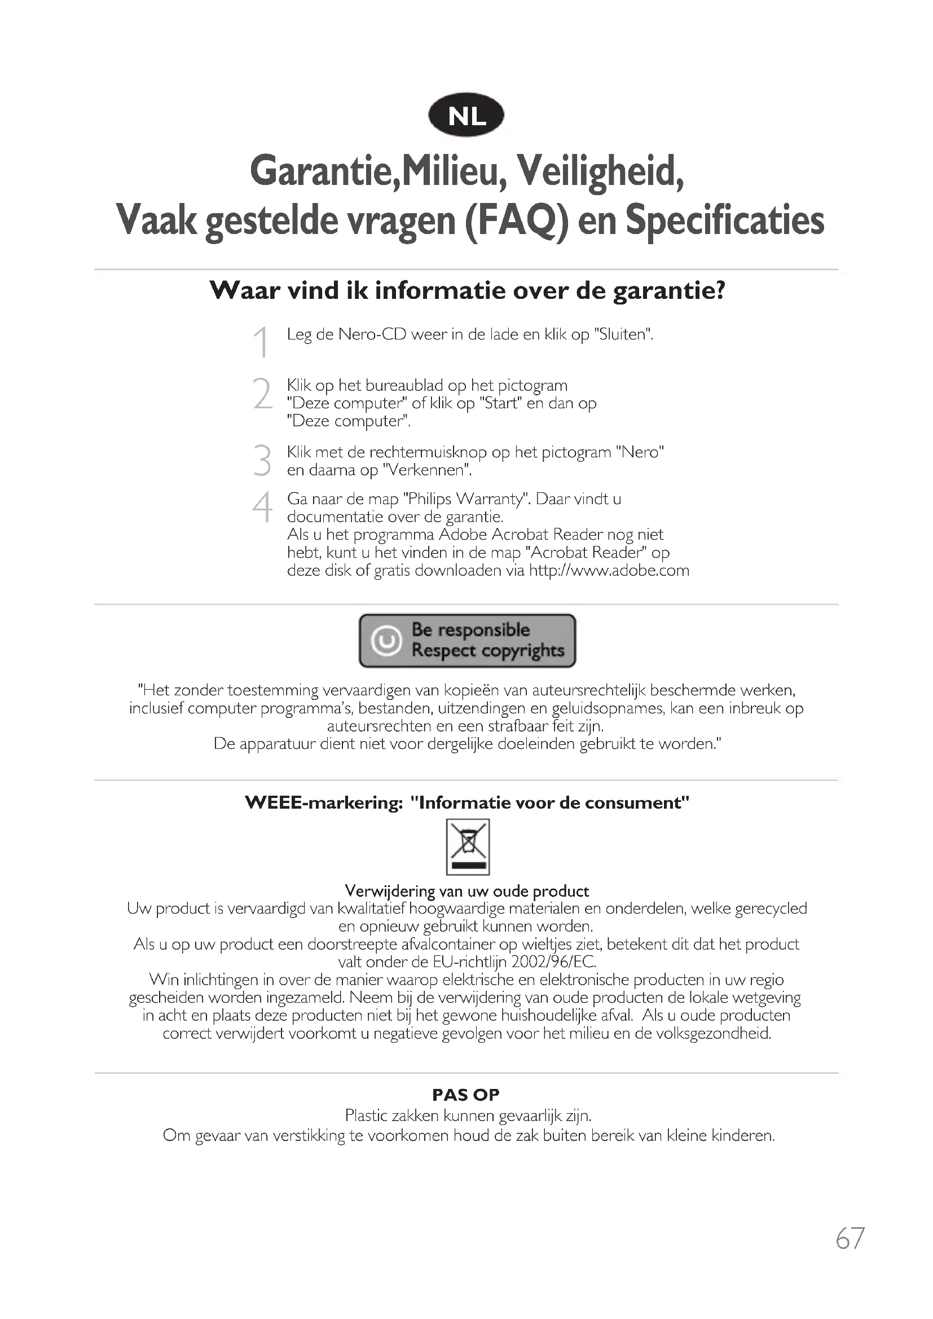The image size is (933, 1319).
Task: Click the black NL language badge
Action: (x=466, y=116)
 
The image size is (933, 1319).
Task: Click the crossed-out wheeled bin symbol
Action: (x=468, y=846)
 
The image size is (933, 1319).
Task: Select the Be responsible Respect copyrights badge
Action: (x=467, y=641)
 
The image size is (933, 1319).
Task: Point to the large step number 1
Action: (x=261, y=342)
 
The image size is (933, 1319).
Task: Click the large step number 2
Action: (x=262, y=394)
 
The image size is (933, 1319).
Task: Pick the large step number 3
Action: (x=262, y=460)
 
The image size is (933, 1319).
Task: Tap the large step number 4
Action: (x=262, y=508)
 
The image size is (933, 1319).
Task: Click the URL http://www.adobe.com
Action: (x=609, y=571)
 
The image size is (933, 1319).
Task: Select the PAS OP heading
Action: (x=466, y=1095)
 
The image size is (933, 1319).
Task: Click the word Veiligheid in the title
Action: (x=600, y=171)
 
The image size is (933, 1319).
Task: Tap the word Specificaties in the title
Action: (x=724, y=220)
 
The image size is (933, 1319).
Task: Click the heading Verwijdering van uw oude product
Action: (x=466, y=891)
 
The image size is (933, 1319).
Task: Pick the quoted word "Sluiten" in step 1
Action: (x=624, y=334)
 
